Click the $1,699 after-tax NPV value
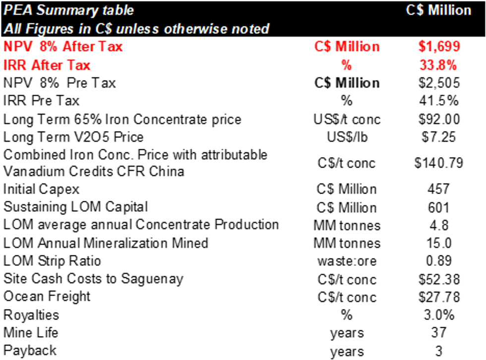click(438, 47)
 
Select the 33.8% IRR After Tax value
click(438, 65)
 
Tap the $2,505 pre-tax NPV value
click(438, 83)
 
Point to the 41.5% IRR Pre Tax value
click(438, 101)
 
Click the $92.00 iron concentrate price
click(438, 120)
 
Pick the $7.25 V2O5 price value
click(438, 137)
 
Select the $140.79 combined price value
click(438, 163)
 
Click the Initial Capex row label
click(41, 189)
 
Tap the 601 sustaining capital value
click(438, 207)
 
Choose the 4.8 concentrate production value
click(438, 225)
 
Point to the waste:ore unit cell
click(347, 261)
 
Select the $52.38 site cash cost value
click(438, 279)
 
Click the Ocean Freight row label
click(47, 297)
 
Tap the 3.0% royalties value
click(438, 315)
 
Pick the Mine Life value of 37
click(438, 333)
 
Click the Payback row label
click(30, 351)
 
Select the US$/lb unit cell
click(347, 137)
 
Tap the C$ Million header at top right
click(438, 10)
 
